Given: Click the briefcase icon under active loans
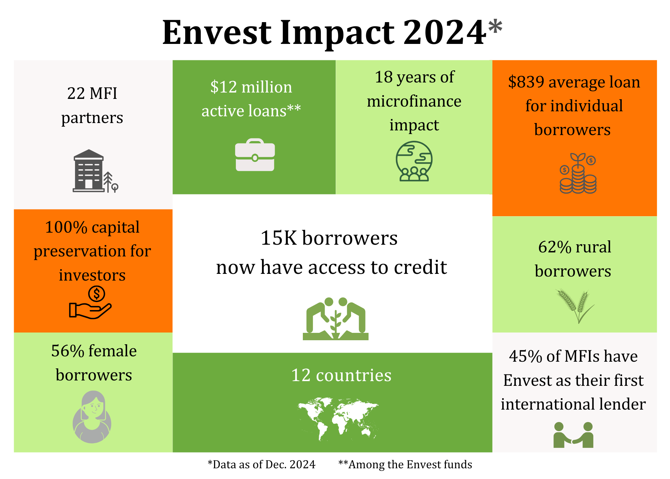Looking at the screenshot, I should pyautogui.click(x=255, y=155).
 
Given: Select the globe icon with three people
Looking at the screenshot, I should pyautogui.click(x=414, y=161).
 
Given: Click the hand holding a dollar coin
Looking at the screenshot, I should pyautogui.click(x=90, y=302).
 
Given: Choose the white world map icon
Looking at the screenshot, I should pyautogui.click(x=338, y=419).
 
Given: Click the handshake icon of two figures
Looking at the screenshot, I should pyautogui.click(x=573, y=435).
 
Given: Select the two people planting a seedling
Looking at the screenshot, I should pyautogui.click(x=336, y=319).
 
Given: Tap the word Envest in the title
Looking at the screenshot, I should pyautogui.click(x=217, y=33).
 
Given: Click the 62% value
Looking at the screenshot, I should pyautogui.click(x=555, y=247).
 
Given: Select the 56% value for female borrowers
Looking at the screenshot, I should pyautogui.click(x=68, y=351).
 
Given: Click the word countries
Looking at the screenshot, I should pyautogui.click(x=353, y=375).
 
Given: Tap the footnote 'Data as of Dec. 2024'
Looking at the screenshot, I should pyautogui.click(x=262, y=465).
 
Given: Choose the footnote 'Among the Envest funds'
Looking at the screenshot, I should pyautogui.click(x=405, y=465).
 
